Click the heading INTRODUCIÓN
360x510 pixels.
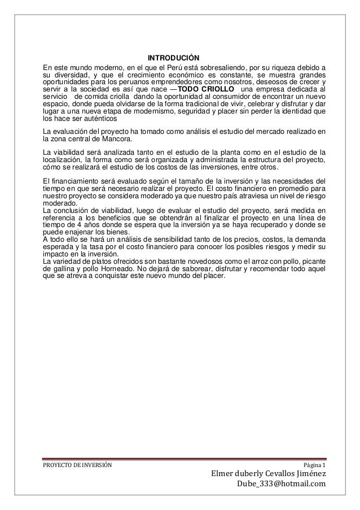(174, 58)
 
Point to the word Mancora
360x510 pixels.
(118, 140)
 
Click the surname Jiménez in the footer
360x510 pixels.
(308, 473)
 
